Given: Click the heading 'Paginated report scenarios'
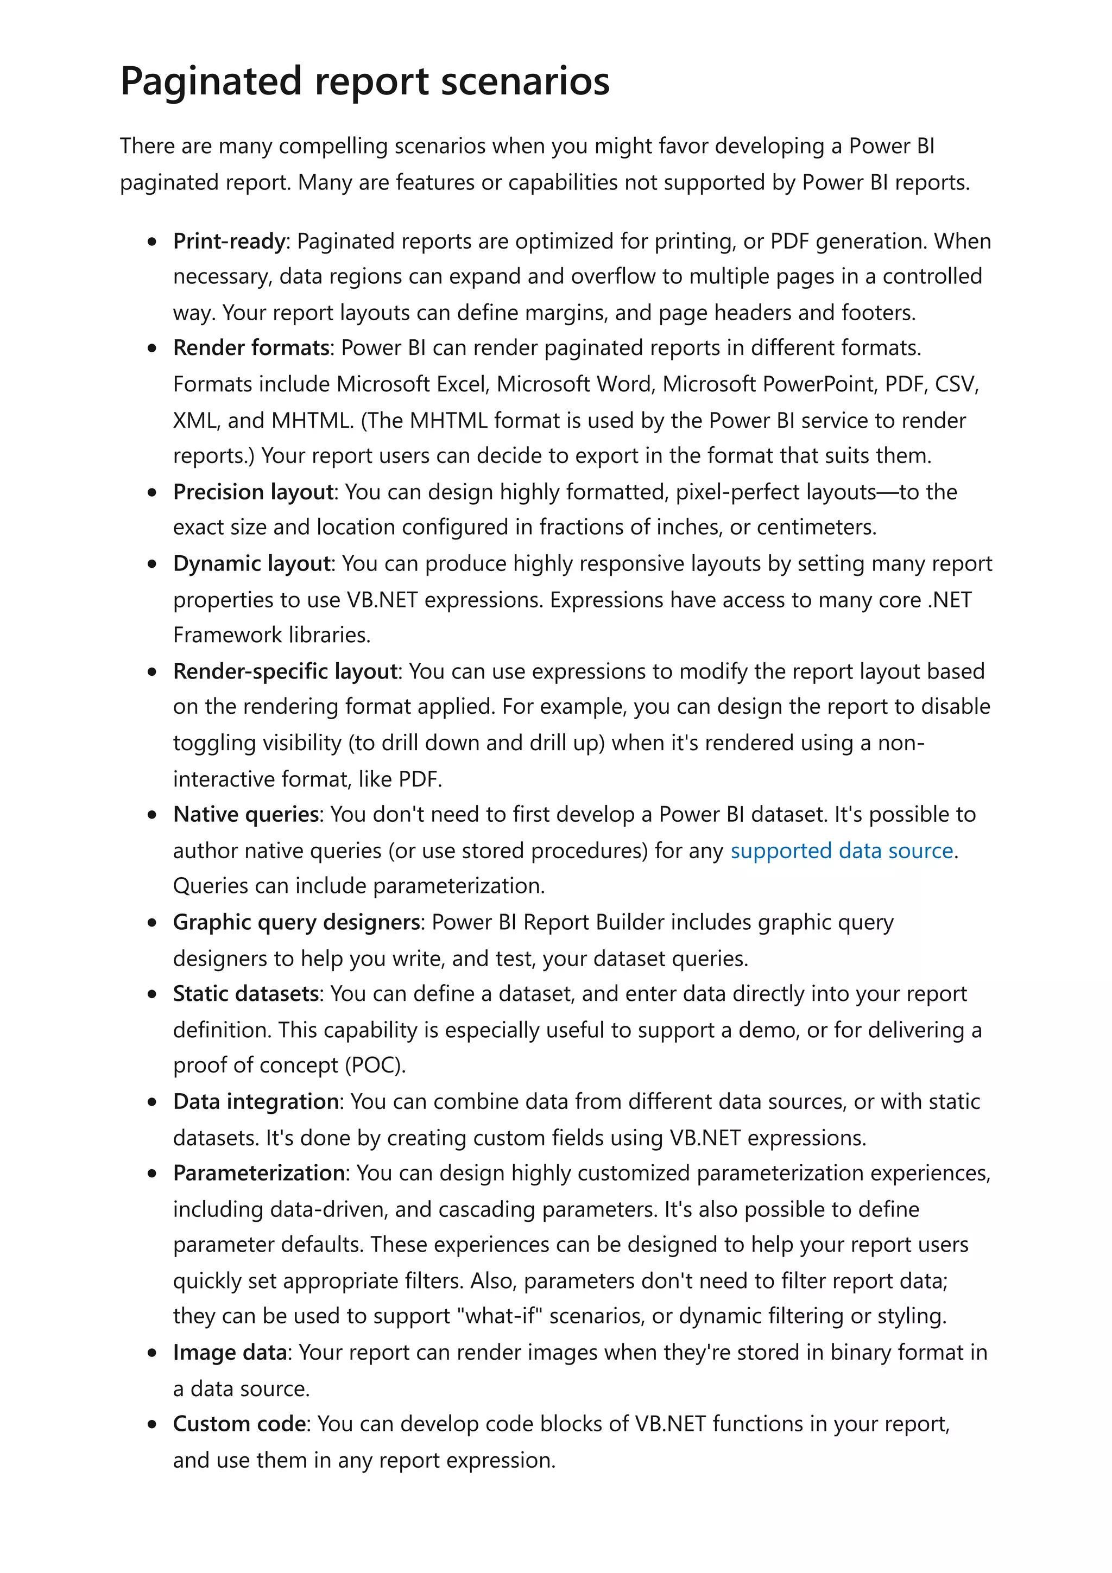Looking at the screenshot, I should (x=364, y=81).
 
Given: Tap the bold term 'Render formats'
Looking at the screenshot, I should (x=251, y=348).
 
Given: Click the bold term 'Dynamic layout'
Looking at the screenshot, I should (x=251, y=563).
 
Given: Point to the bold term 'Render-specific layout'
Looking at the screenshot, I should (x=285, y=671).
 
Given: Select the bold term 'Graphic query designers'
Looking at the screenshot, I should (x=296, y=922).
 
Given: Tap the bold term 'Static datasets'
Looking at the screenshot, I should (x=245, y=993).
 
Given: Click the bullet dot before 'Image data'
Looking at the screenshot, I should (x=152, y=1353).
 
